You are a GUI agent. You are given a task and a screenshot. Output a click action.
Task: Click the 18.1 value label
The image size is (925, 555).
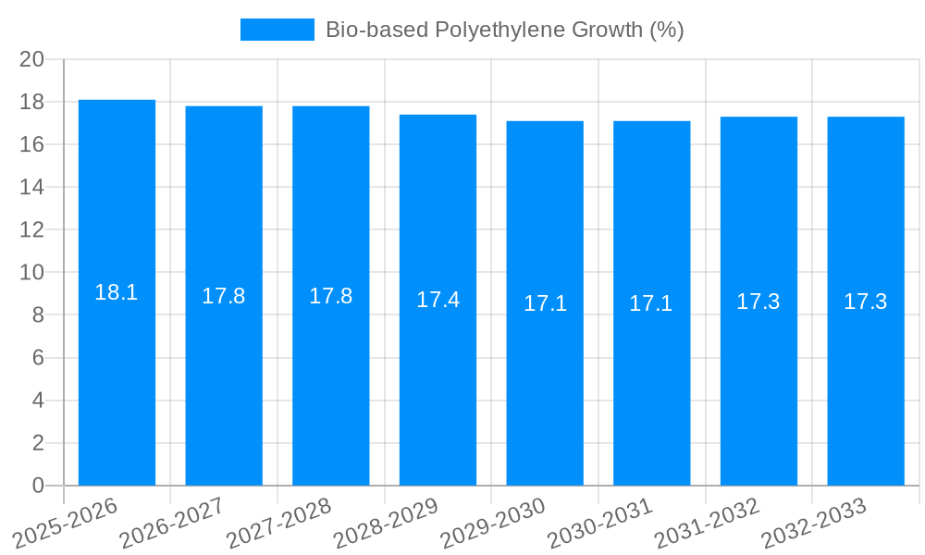117,293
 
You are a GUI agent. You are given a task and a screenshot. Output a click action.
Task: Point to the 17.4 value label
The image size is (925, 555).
438,301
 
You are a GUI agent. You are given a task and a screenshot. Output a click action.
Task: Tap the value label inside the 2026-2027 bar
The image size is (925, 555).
224,297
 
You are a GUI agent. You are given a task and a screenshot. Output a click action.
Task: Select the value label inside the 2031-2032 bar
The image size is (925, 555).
758,302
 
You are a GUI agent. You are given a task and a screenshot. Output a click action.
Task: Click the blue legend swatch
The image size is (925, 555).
277,30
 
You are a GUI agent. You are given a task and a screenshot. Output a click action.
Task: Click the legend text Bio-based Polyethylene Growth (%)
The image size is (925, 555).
504,30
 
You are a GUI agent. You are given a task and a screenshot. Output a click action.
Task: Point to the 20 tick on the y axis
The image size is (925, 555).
32,59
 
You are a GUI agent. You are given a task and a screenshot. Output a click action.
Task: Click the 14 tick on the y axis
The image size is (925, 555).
32,187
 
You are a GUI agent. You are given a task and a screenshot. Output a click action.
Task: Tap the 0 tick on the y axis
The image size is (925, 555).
38,486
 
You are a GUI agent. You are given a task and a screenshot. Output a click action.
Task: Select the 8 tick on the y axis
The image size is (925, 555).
38,315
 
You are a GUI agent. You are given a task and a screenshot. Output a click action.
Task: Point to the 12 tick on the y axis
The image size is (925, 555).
32,229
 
